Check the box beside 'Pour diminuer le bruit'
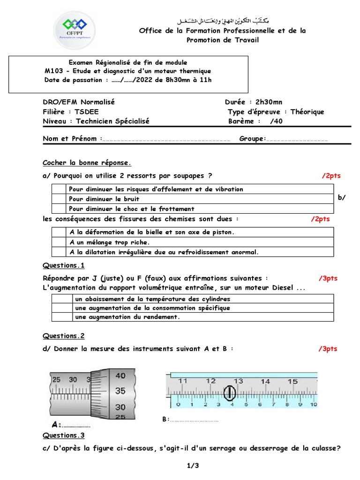point(58,199)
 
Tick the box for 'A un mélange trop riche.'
point(58,242)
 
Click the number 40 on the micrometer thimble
point(120,375)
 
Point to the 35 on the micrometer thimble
point(120,390)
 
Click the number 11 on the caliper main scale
point(183,381)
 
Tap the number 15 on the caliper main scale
point(292,381)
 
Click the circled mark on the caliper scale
point(229,393)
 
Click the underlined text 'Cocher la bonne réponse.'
point(87,163)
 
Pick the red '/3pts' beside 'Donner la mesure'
point(328,349)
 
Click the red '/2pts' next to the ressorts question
point(331,176)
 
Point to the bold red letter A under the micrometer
point(55,425)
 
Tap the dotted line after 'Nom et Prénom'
point(166,139)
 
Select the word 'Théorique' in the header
point(307,112)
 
